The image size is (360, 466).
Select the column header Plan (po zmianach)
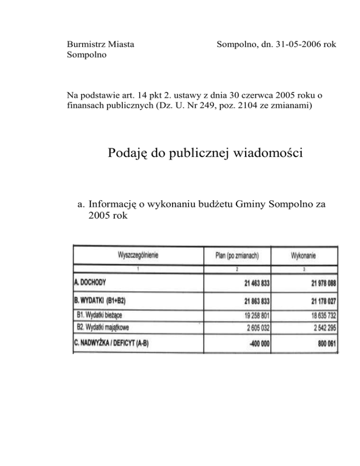[x=237, y=256]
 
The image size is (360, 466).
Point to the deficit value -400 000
[x=260, y=343]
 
